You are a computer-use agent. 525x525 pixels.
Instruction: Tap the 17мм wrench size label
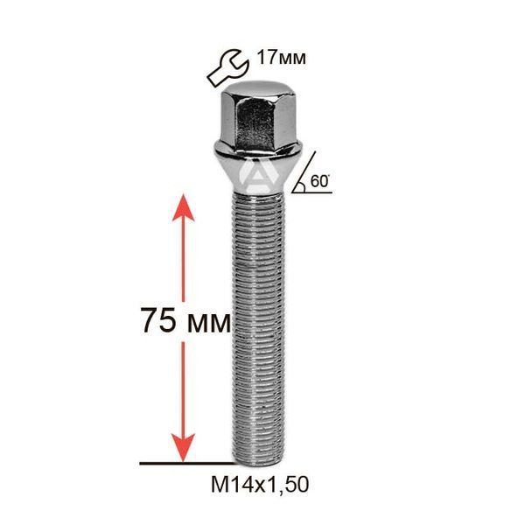281,58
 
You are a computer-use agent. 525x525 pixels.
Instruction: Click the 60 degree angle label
319,181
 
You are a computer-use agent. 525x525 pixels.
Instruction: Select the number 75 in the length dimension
158,320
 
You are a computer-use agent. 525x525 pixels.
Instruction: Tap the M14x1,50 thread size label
260,485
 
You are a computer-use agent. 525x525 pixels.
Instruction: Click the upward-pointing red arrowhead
183,207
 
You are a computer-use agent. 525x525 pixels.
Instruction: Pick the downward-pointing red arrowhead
183,448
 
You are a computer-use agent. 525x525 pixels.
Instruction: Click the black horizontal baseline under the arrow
188,464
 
